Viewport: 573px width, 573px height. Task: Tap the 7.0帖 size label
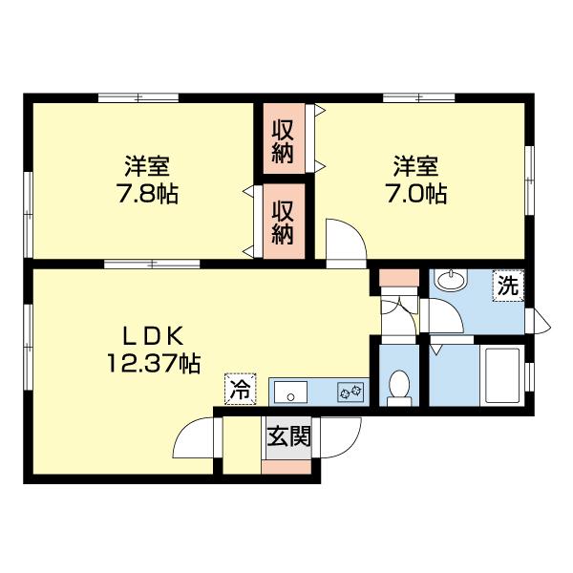pyautogui.click(x=415, y=195)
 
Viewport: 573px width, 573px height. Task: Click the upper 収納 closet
pyautogui.click(x=283, y=140)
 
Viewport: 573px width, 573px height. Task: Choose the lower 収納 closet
pyautogui.click(x=283, y=221)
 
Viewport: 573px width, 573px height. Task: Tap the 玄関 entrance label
pyautogui.click(x=287, y=438)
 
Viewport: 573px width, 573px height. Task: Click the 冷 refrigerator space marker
pyautogui.click(x=240, y=390)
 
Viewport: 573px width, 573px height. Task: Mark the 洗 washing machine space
pyautogui.click(x=507, y=286)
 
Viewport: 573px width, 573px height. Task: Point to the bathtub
pyautogui.click(x=501, y=374)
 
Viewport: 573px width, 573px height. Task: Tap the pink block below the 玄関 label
pyautogui.click(x=287, y=468)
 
